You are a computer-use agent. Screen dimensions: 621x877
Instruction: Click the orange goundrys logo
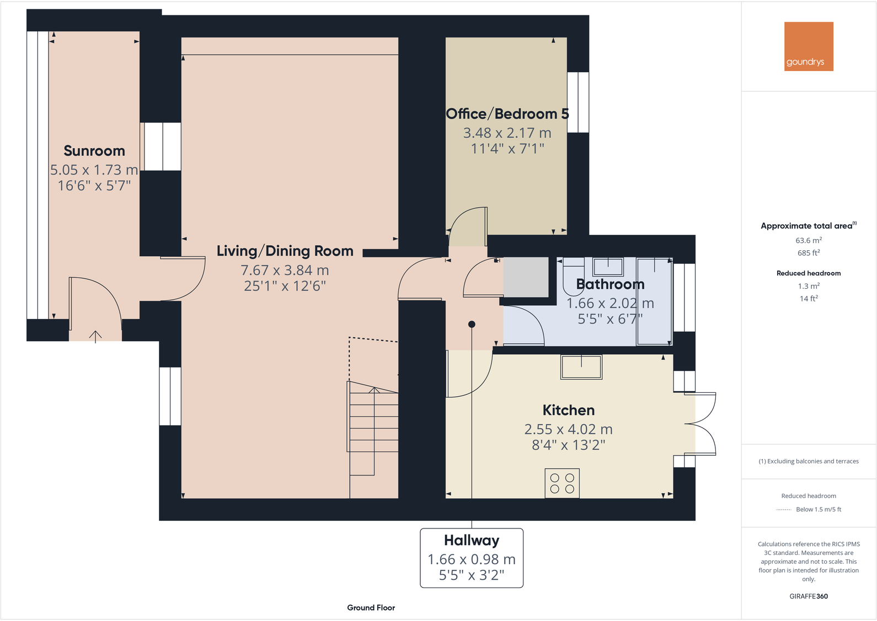[809, 46]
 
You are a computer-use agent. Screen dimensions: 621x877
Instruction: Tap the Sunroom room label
[94, 151]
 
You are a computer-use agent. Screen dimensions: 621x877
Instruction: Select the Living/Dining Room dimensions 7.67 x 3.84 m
[285, 271]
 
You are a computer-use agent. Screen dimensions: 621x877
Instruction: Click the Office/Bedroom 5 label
[507, 114]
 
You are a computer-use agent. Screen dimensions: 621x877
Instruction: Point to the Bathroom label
[610, 284]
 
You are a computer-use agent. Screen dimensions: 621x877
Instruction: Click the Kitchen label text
[568, 411]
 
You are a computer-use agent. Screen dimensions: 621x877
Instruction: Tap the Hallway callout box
[472, 558]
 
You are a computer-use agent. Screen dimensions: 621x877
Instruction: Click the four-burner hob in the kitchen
[562, 484]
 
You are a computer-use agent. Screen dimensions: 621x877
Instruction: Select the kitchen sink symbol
[581, 367]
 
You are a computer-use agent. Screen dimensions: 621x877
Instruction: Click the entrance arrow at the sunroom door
[95, 336]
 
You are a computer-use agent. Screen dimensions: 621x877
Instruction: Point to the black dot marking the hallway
[472, 324]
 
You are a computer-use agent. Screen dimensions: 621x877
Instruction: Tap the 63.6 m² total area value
[809, 241]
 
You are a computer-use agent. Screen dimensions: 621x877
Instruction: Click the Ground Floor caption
[371, 608]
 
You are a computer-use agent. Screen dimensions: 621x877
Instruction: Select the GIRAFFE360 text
[809, 596]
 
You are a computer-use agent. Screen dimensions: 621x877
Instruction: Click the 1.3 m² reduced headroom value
[809, 286]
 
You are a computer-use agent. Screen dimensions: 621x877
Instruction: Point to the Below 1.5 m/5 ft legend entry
[819, 510]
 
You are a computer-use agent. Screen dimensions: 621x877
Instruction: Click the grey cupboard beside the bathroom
[526, 277]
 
